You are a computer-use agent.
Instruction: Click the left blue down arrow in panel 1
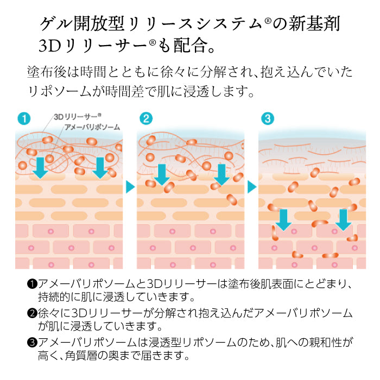(40, 168)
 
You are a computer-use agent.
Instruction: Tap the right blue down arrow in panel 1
(99, 168)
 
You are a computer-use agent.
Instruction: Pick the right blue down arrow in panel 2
(221, 174)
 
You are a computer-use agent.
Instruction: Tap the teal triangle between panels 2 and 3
(252, 187)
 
